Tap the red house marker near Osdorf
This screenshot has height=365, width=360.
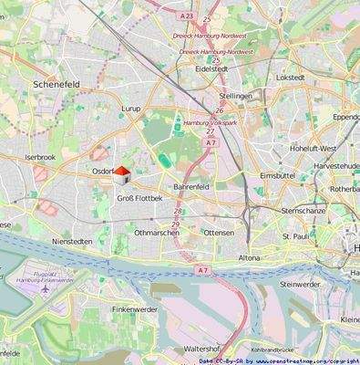122,174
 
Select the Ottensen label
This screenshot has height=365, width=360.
218,233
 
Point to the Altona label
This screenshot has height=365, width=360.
249,258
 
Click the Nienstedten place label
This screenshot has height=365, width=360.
73,241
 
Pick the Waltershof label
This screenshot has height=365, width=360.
201,349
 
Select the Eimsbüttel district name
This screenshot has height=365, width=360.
278,174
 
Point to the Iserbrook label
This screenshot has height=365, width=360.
40,157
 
